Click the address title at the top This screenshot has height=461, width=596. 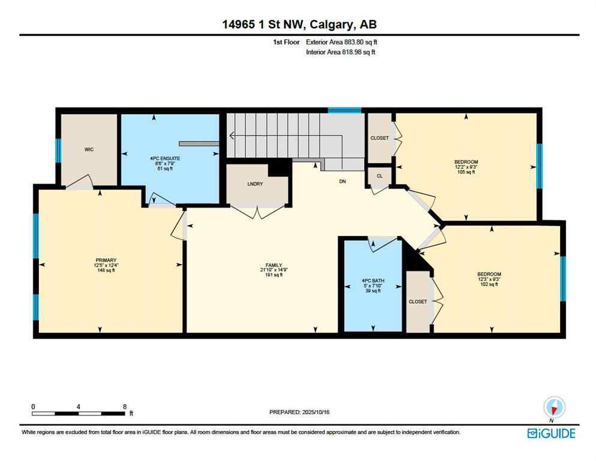pos(299,24)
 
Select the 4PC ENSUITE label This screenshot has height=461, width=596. pos(165,158)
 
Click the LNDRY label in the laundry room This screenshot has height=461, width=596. pos(255,184)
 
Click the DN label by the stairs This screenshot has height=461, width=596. pos(342,181)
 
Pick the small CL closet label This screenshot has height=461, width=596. pos(380,176)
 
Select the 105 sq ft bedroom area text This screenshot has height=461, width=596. pos(465,172)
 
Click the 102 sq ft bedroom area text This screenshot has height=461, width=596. pos(488,284)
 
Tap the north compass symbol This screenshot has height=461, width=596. pos(554,408)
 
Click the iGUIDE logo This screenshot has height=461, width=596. pos(551,433)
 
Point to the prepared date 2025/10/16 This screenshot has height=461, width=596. pos(300,412)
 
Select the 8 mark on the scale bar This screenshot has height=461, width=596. pos(124,406)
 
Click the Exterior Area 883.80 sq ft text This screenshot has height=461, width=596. pos(342,42)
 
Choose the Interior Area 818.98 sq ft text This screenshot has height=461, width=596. pos(341,52)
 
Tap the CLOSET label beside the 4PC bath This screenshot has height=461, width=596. pos(417,301)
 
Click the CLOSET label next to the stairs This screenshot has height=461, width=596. pos(379,138)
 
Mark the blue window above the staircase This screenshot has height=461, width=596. pos(344,110)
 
